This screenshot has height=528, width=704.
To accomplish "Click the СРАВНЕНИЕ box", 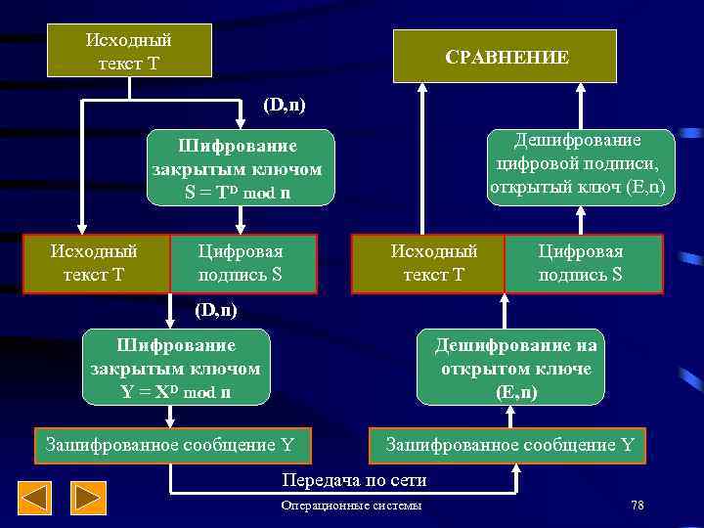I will coord(505,57).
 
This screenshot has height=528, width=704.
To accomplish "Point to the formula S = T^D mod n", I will coord(238,193).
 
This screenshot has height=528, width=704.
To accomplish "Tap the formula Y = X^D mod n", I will coord(176,392).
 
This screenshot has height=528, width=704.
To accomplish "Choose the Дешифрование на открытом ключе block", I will coord(515,368).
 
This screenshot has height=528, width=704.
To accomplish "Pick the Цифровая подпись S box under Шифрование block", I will coord(242,263).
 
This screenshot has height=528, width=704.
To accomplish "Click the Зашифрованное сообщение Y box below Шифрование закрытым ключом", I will coord(171,446).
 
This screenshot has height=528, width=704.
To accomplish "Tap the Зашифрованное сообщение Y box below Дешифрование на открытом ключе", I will coord(509,446).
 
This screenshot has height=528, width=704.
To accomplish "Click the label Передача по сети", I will coord(354,480).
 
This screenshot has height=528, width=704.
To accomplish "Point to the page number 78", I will coord(638,506).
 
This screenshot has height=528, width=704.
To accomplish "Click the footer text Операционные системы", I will coord(352,506).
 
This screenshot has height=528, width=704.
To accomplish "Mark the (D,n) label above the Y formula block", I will coord(216,310).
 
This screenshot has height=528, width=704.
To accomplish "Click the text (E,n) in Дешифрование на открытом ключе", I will coord(515,392).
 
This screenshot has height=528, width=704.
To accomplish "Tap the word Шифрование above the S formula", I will coord(238,148).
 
